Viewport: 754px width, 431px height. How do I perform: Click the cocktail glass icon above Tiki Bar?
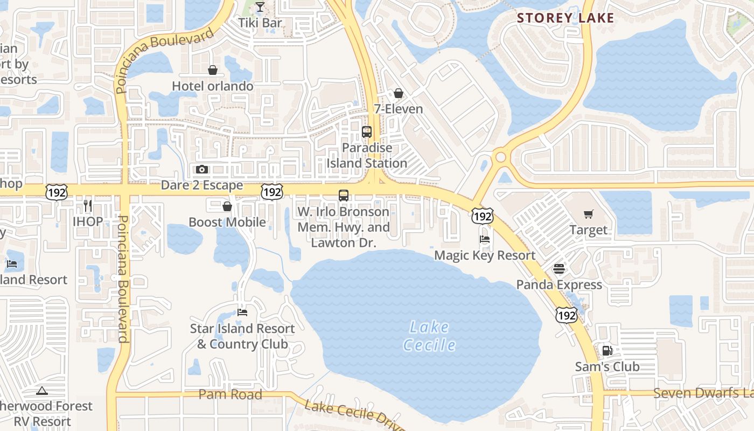(x=260, y=7)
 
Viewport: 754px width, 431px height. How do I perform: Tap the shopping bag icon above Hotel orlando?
(x=213, y=70)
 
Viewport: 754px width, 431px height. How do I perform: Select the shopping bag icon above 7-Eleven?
(x=399, y=93)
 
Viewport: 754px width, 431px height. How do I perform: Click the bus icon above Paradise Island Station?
(x=367, y=131)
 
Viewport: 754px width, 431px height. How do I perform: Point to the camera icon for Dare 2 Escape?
(x=202, y=170)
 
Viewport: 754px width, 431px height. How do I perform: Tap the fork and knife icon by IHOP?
(x=88, y=205)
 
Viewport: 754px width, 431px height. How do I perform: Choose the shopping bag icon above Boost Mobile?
(x=227, y=206)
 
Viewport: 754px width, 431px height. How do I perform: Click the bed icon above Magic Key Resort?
(x=485, y=239)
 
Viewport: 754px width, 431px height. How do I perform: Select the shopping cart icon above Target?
(x=589, y=214)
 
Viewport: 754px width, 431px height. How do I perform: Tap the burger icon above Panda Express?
(x=559, y=269)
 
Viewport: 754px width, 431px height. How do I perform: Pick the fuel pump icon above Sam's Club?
(x=607, y=351)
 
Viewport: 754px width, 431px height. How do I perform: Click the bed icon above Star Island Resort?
(x=242, y=312)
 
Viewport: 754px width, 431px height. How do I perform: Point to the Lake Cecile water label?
(x=429, y=336)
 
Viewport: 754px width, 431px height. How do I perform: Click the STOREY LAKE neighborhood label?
(x=565, y=18)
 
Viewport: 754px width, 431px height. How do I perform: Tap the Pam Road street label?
(x=231, y=394)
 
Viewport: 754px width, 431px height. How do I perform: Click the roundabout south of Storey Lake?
(x=501, y=157)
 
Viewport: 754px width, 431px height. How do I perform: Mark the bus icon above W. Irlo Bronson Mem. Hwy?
(x=344, y=196)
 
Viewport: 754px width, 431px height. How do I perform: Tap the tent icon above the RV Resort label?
(x=42, y=391)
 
